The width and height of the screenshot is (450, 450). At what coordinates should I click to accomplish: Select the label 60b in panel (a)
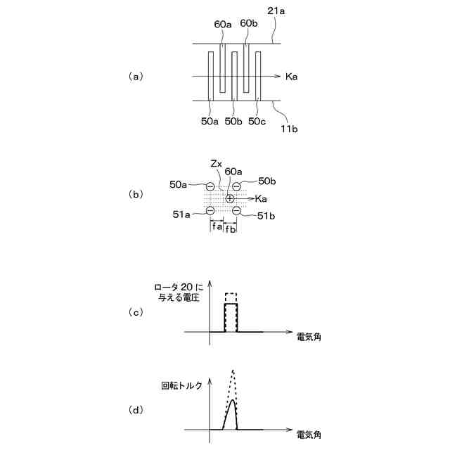249,23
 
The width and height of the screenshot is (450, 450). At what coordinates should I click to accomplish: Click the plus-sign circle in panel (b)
230,199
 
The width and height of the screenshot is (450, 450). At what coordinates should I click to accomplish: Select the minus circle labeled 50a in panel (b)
210,186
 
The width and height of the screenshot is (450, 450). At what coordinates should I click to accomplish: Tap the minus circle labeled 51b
236,211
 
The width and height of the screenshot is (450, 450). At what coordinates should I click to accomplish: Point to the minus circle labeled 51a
210,211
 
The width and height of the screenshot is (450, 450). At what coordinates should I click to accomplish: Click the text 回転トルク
181,386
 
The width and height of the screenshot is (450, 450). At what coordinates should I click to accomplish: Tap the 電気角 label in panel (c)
309,337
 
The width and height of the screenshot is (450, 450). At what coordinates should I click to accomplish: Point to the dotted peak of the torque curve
232,371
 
